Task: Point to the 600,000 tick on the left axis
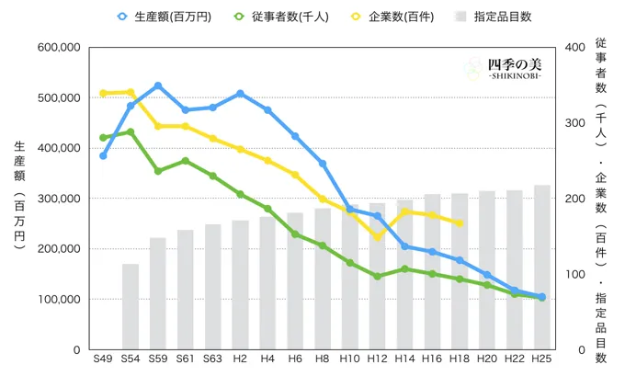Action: (x=56, y=47)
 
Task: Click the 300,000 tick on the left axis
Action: (x=56, y=199)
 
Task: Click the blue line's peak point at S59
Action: (x=158, y=85)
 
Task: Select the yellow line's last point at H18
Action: (x=460, y=222)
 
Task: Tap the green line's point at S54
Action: (x=131, y=131)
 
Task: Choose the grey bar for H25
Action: (x=541, y=267)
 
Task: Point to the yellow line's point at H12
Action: (x=377, y=237)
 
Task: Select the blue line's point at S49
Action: (x=103, y=155)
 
